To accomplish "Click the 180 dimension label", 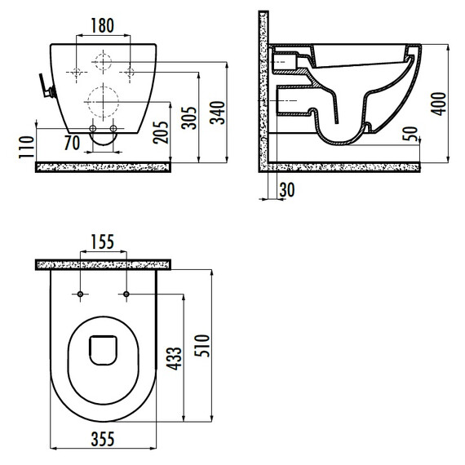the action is click(x=102, y=25).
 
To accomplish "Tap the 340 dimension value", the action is click(x=218, y=113).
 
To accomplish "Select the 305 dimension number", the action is click(x=189, y=117).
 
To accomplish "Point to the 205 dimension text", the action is click(x=161, y=132).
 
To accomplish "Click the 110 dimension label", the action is click(x=26, y=147).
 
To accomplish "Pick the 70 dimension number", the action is click(x=72, y=143).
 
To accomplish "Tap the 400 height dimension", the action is click(x=439, y=104).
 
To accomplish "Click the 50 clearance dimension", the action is click(x=410, y=134).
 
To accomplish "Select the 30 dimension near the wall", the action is click(x=287, y=190).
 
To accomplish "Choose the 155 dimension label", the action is click(x=102, y=242).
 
